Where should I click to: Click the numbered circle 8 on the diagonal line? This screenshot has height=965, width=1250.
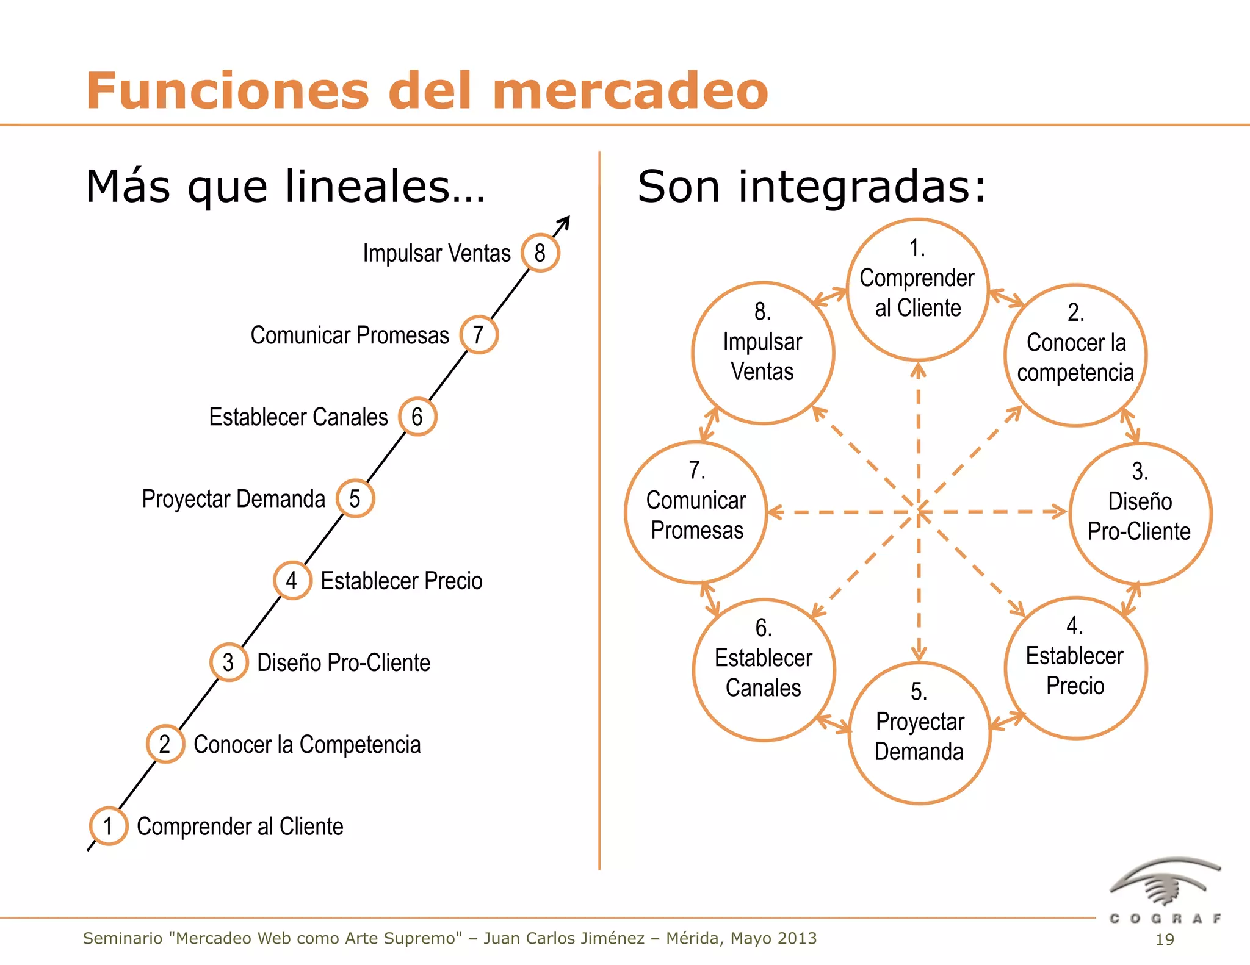[540, 253]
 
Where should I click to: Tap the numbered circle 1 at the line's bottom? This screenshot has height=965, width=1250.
[109, 826]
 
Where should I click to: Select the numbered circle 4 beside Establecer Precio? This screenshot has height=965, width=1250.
[292, 580]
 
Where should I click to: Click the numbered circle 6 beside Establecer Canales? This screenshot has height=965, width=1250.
[417, 417]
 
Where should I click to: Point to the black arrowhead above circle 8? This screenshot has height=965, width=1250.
[565, 221]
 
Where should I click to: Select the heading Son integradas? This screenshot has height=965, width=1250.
[811, 186]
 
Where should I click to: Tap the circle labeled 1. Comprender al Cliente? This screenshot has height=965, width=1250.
[917, 290]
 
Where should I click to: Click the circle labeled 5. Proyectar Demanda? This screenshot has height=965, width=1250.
[919, 733]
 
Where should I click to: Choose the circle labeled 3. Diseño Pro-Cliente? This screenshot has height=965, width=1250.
[1140, 514]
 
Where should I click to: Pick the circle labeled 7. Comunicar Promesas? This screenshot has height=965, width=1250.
[696, 512]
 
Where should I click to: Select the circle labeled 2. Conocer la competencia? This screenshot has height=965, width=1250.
[1075, 355]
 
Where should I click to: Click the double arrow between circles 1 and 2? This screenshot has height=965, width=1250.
[1006, 298]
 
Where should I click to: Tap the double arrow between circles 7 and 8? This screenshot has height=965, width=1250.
[709, 424]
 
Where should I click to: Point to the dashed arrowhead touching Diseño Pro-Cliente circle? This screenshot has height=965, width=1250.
[1059, 511]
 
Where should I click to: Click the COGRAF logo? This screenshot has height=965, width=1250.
[1165, 891]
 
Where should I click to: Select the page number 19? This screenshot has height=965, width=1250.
[1165, 939]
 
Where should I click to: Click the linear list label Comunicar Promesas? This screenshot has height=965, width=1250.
[350, 335]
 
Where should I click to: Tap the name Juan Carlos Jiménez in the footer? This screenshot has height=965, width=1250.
[564, 938]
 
